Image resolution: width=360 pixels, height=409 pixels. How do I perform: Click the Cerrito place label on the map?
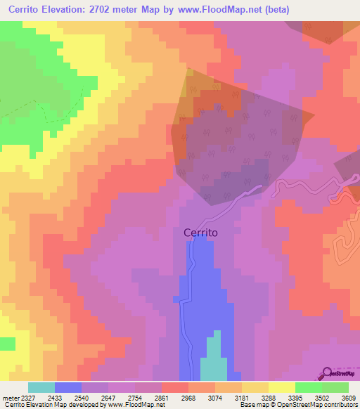click(x=200, y=233)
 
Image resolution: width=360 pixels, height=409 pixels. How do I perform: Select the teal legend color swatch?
click(x=41, y=387)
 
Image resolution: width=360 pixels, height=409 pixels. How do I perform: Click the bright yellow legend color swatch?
click(x=281, y=387)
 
